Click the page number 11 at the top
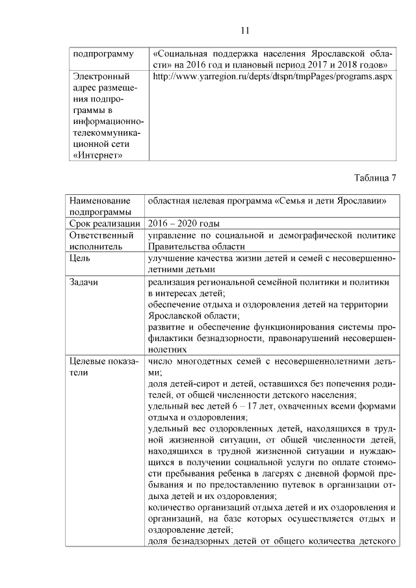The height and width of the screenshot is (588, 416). point(245,31)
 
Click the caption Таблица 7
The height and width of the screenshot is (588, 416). point(376,177)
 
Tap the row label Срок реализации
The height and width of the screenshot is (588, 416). point(105,224)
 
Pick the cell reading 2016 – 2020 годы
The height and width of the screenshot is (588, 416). point(179,224)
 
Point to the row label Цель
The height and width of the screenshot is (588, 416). point(81,258)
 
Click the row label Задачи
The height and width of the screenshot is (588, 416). point(84,282)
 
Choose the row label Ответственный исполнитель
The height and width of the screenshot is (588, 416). point(101,241)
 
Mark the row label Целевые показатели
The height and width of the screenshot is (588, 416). point(103,367)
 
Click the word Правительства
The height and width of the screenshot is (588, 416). point(178,247)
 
